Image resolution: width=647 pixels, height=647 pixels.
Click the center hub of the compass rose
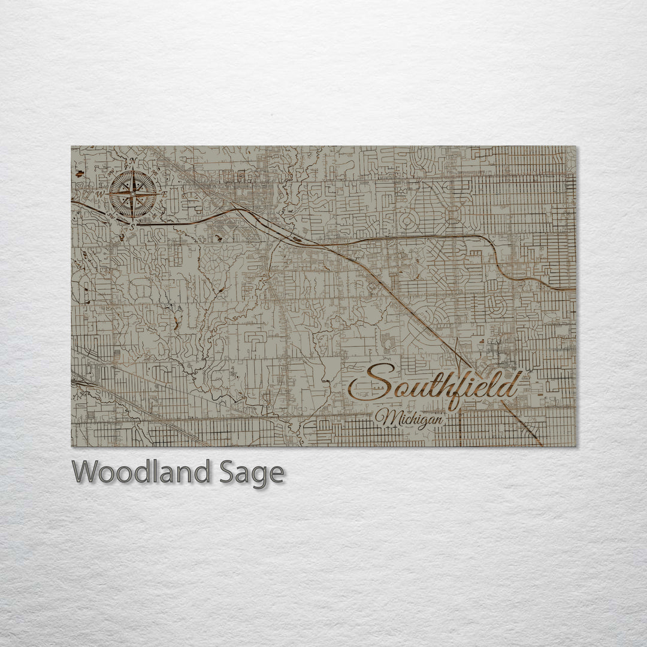point(133,194)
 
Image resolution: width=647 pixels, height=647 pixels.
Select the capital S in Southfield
point(371,383)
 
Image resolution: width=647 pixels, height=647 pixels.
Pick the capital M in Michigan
point(383,418)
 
